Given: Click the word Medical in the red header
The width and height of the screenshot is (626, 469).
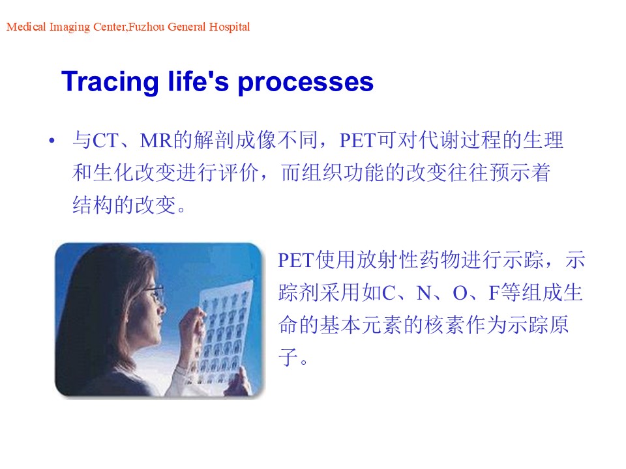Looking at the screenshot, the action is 26,27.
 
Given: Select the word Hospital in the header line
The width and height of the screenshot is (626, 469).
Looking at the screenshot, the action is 230,27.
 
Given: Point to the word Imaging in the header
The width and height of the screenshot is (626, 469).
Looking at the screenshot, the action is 70,27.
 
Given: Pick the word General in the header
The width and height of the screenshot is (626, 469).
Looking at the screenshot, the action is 186,27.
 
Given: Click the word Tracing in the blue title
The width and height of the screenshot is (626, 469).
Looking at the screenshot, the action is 110,82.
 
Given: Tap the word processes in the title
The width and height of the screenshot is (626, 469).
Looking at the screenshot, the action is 305,83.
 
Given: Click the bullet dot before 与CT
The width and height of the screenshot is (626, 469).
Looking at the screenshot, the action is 52,141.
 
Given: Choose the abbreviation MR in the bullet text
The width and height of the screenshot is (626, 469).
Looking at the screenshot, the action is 156,141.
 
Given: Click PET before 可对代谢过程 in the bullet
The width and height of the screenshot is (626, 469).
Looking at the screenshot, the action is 358,141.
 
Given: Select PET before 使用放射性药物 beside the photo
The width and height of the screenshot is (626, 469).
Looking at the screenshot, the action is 296,261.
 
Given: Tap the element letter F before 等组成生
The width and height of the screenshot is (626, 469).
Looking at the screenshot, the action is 494,293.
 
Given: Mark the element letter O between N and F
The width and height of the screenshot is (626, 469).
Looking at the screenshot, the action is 460,293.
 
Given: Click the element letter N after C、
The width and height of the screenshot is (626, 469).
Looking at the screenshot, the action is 424,293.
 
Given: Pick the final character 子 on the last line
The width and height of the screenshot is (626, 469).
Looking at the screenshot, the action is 288,357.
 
